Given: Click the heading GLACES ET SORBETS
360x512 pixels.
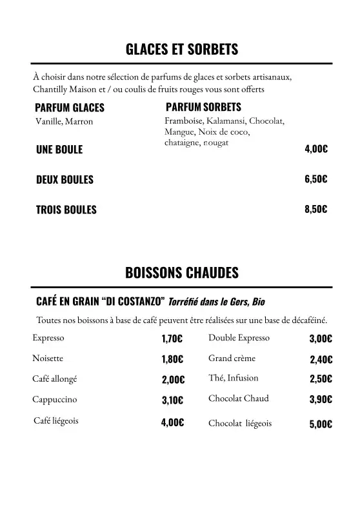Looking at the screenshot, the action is [181, 49].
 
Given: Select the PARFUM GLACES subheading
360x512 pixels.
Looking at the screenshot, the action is [69, 108].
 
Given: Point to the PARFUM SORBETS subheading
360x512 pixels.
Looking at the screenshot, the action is [203, 106].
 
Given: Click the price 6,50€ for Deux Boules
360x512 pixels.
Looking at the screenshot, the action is [315, 179].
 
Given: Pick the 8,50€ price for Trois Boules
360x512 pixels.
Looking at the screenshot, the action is [315, 209].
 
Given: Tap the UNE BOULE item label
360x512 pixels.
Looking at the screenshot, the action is [59, 150].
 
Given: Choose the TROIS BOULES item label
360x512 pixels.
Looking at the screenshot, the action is [66, 210].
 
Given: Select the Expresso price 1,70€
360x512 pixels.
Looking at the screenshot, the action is [172, 339].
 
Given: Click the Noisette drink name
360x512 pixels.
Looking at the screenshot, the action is [48, 358].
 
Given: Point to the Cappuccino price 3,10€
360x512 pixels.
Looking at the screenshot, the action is [172, 400].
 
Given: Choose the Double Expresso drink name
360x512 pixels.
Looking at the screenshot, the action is [239, 338].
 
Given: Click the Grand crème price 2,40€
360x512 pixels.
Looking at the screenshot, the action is [321, 359].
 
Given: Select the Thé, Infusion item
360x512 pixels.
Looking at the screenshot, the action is [233, 378].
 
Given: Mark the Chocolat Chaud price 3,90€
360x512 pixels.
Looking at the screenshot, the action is [321, 399].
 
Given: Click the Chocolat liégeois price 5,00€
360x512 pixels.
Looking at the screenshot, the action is [321, 424].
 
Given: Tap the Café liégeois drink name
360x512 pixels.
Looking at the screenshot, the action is [56, 420].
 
